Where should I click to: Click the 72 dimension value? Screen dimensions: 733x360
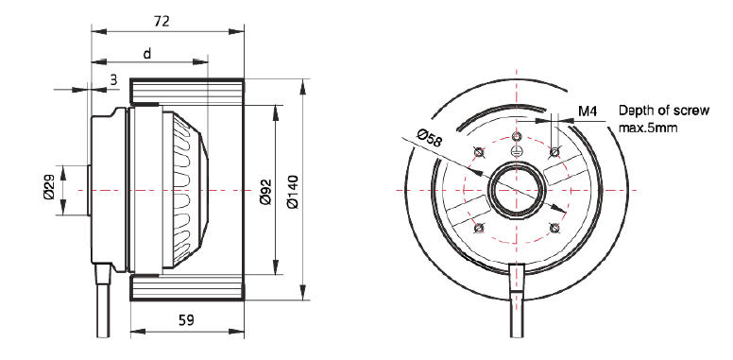[162, 21]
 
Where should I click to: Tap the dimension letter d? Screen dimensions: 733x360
[147, 54]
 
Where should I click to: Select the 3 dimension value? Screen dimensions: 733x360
[113, 80]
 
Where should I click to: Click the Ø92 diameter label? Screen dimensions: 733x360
[266, 192]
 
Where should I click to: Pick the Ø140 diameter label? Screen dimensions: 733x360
[293, 191]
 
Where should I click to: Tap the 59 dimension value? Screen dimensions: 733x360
[186, 320]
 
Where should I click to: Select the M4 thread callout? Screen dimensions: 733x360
[588, 111]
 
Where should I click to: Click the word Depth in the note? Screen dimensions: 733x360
[637, 111]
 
